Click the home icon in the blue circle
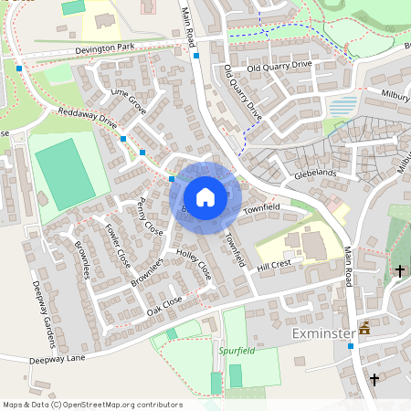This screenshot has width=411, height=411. pyautogui.click(x=205, y=196)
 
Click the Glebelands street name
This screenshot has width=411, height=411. pyautogui.click(x=315, y=174)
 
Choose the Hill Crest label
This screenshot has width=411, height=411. pyautogui.click(x=273, y=265)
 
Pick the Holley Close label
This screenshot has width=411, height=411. pyautogui.click(x=194, y=265)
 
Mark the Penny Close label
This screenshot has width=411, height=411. pyautogui.click(x=147, y=216)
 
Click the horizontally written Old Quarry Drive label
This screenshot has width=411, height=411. pyautogui.click(x=279, y=65)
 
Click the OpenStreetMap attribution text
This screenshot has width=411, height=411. pyautogui.click(x=91, y=405)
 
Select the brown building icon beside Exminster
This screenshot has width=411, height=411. pyautogui.click(x=365, y=327)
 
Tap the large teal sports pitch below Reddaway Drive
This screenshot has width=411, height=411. pyautogui.click(x=64, y=174)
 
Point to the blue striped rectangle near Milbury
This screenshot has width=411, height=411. pyautogui.click(x=342, y=106)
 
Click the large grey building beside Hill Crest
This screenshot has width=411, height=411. pyautogui.click(x=311, y=245)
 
